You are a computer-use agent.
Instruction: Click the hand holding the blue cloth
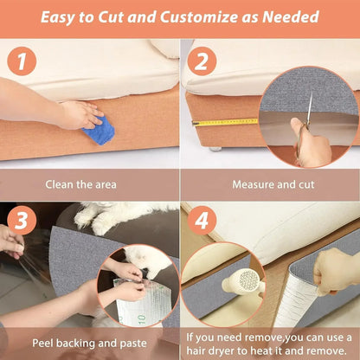[x=78, y=113]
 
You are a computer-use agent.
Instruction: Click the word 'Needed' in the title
[x=289, y=17]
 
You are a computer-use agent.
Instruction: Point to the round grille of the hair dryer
[x=248, y=281]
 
